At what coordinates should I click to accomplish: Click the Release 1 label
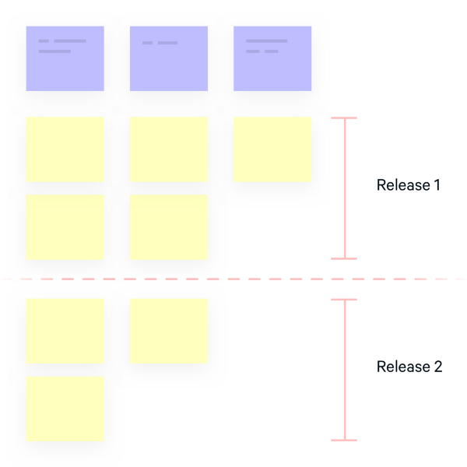(x=408, y=185)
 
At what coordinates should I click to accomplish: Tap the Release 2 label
(x=409, y=367)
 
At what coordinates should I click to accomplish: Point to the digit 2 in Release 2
(x=437, y=367)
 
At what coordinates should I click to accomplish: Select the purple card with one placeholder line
(x=169, y=58)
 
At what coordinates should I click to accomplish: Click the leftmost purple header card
(x=65, y=58)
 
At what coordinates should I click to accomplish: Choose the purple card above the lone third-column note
(x=272, y=58)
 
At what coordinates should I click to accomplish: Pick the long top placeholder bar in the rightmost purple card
(x=266, y=40)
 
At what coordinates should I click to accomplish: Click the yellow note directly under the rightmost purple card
(x=272, y=149)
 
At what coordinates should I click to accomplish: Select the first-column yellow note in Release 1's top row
(x=65, y=149)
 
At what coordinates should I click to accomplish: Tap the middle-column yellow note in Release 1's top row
(x=169, y=149)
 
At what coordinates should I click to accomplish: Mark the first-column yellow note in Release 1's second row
(x=65, y=226)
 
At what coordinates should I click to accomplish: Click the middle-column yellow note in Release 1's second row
(x=169, y=226)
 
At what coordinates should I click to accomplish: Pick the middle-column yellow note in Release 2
(x=169, y=331)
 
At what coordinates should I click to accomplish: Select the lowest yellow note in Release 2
(x=65, y=409)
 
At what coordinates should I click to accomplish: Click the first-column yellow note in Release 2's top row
(x=65, y=331)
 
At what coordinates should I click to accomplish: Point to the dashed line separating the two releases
(x=233, y=279)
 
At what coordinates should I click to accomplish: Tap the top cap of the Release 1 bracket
(x=344, y=118)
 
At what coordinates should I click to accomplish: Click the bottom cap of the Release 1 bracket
(x=344, y=258)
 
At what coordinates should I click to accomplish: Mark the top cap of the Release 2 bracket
(x=344, y=300)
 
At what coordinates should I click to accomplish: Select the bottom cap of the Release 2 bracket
(x=344, y=440)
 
